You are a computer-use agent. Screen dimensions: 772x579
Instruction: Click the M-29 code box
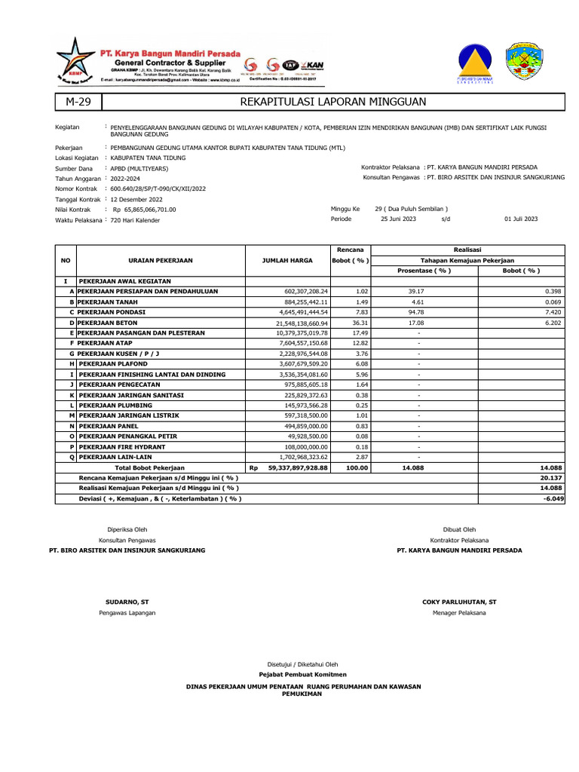(78, 102)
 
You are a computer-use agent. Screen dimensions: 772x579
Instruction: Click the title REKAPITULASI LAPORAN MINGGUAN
(332, 102)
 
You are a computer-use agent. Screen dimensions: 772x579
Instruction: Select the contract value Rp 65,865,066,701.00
(144, 210)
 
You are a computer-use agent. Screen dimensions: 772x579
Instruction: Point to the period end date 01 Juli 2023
(521, 219)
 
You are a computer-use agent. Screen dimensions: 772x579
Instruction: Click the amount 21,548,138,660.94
(297, 322)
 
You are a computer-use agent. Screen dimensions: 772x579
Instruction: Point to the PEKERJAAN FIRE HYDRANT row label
(124, 447)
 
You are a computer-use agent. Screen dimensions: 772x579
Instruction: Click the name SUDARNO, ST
(127, 602)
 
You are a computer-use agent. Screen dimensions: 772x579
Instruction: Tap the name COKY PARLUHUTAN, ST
(460, 602)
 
